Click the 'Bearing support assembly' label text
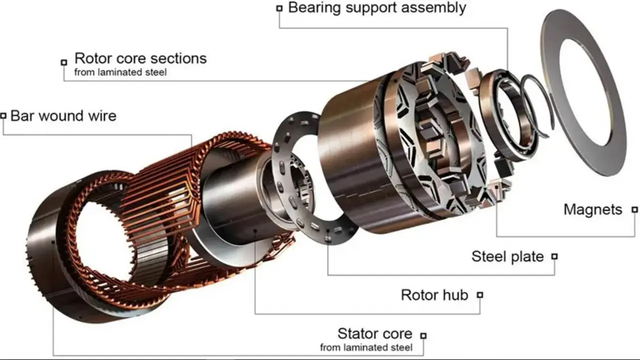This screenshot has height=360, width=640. [377, 7]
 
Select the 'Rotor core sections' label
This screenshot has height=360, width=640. [140, 58]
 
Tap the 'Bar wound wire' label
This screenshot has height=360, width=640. [63, 116]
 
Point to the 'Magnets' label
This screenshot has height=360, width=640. [593, 209]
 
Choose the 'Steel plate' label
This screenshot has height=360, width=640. [507, 256]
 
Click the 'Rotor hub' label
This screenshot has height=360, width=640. [434, 295]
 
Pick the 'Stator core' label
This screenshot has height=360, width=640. [375, 333]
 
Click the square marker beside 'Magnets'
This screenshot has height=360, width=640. [634, 209]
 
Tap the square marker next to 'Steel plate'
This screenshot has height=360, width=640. [554, 256]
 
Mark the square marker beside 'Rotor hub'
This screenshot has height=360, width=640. [480, 295]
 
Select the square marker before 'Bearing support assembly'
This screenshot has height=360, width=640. [279, 8]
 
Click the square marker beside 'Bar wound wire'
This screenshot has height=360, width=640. [3, 115]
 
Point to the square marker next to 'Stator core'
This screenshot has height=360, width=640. [423, 335]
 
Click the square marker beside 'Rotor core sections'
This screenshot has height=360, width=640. [64, 62]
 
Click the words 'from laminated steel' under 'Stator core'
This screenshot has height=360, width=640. [366, 347]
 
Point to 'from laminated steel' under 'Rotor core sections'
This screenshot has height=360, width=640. [120, 72]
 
